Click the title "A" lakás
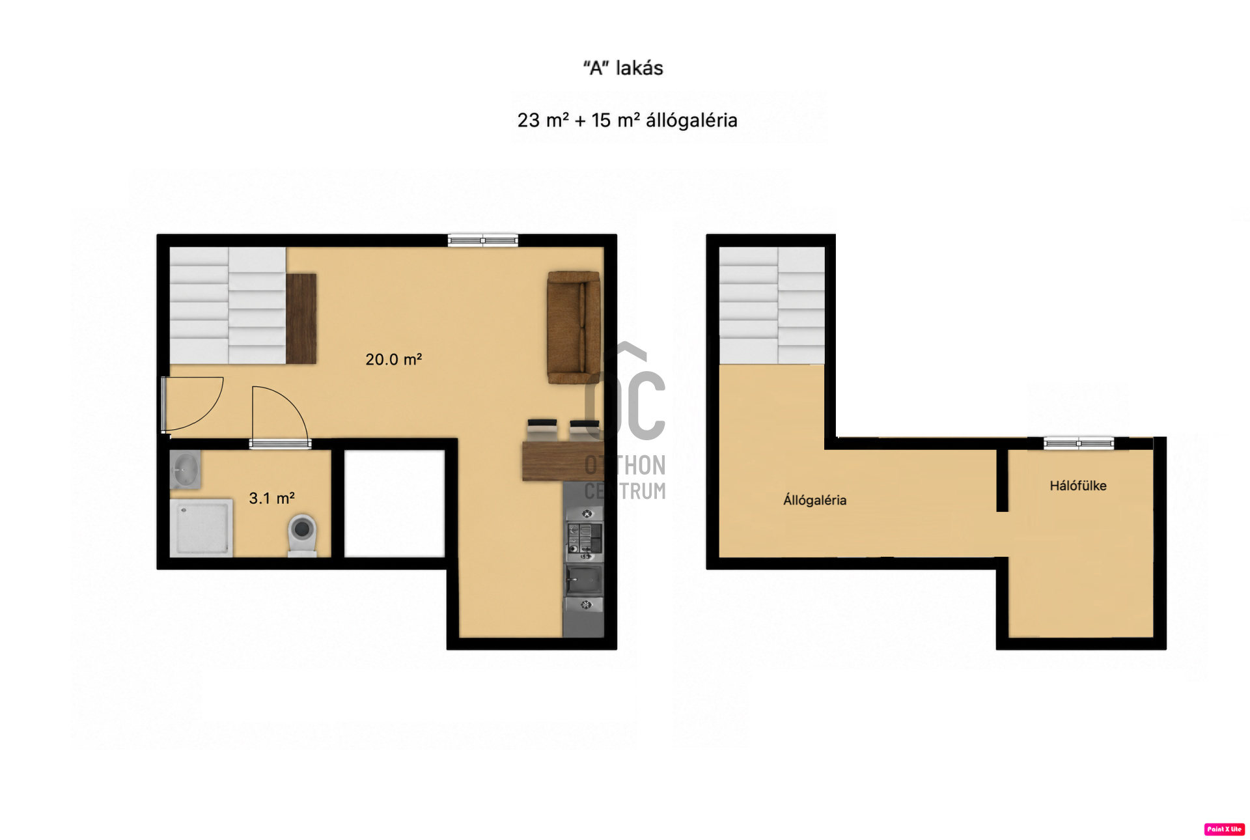point(623,68)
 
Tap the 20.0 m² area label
point(393,359)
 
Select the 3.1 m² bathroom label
point(271,498)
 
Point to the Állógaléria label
point(814,500)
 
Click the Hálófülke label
point(1077,485)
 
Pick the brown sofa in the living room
point(574,328)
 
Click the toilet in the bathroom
point(302,535)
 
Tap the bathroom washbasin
point(186,469)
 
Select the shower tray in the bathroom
point(201,528)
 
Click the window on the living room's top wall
point(482,240)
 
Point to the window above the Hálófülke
point(1079,443)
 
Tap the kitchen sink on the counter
point(583,579)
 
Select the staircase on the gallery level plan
point(771,305)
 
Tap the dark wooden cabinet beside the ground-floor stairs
point(301,318)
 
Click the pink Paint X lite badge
point(1225,829)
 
